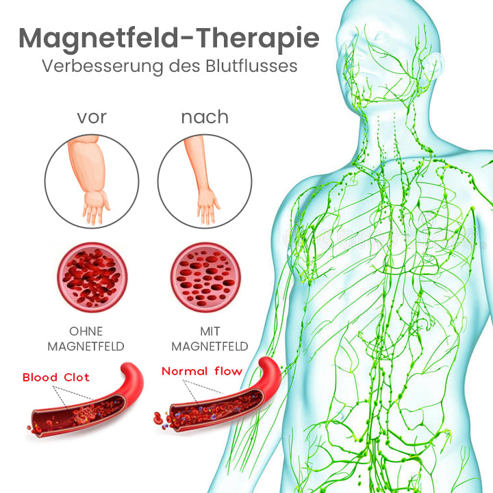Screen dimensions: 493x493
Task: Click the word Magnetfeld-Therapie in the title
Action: pyautogui.click(x=169, y=39)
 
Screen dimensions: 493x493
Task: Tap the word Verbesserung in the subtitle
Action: pyautogui.click(x=102, y=66)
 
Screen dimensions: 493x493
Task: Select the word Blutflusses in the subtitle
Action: pyautogui.click(x=251, y=66)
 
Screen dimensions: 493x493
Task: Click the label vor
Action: pyautogui.click(x=92, y=117)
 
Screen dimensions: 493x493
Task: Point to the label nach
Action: pyautogui.click(x=205, y=117)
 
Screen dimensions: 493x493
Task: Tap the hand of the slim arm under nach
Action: pyautogui.click(x=207, y=206)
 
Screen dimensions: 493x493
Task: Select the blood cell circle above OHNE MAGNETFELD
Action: pyautogui.click(x=92, y=277)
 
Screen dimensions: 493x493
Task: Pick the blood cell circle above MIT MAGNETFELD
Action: pyautogui.click(x=205, y=277)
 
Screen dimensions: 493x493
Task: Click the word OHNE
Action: pyautogui.click(x=86, y=331)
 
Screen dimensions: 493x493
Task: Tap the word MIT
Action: pyautogui.click(x=210, y=331)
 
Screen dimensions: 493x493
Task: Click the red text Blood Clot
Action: pyautogui.click(x=56, y=377)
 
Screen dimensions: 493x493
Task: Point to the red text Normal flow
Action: pyautogui.click(x=202, y=371)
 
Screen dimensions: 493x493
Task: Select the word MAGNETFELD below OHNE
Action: pyautogui.click(x=86, y=346)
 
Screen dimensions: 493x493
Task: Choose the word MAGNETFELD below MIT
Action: pyautogui.click(x=210, y=346)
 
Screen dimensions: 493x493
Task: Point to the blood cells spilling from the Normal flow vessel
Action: pyautogui.click(x=161, y=420)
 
